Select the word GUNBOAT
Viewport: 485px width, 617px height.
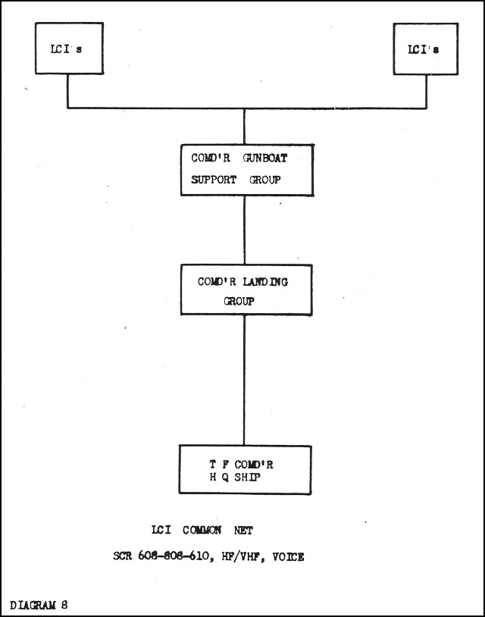point(265,158)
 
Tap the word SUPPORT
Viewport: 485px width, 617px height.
point(214,180)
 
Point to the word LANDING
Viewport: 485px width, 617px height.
point(265,282)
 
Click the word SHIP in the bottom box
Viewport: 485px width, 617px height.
point(247,478)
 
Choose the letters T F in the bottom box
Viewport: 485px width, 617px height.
point(219,465)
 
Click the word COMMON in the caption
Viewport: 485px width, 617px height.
point(202,530)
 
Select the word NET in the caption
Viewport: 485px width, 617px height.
point(243,531)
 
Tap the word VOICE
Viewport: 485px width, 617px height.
point(288,557)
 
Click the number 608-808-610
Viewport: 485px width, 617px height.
point(174,556)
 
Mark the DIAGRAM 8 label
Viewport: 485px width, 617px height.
point(39,605)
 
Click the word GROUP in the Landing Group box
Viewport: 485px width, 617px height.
point(239,302)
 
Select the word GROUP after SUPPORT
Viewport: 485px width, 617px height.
point(265,180)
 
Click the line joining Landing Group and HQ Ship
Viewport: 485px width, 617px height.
point(244,380)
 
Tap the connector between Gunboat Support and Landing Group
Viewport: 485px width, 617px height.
point(244,230)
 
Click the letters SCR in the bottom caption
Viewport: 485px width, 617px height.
point(122,556)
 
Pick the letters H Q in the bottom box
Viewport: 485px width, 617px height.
point(219,478)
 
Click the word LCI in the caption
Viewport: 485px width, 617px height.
point(161,530)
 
